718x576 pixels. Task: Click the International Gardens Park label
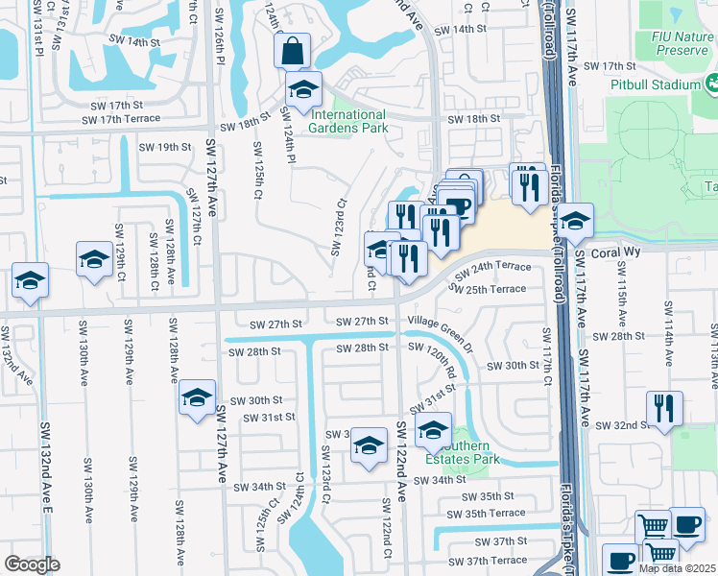tap(347, 120)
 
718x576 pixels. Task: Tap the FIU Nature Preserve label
tap(676, 42)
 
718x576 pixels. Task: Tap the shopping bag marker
tap(292, 49)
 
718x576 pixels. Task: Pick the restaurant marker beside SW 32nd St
tap(664, 408)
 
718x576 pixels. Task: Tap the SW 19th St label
tap(165, 147)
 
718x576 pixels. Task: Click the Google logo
tap(32, 564)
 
